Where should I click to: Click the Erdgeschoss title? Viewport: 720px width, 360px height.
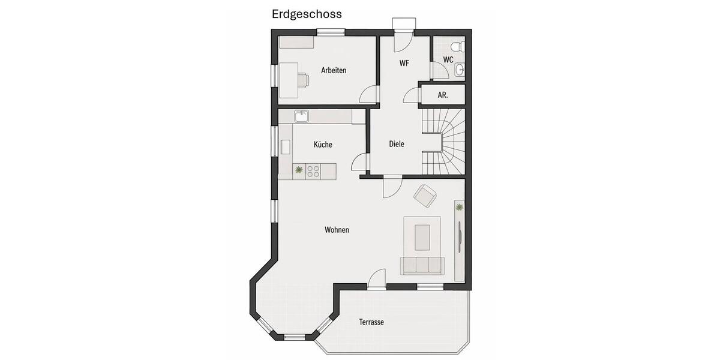(307, 14)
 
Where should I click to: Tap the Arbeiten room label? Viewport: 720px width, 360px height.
(334, 70)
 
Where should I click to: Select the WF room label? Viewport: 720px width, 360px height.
(404, 62)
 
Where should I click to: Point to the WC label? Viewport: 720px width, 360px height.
(448, 59)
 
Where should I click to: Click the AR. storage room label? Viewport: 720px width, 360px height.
(443, 95)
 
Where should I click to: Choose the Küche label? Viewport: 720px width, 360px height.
(323, 145)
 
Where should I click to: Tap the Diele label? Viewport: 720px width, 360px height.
(397, 144)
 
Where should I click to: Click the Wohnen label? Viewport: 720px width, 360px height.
(337, 230)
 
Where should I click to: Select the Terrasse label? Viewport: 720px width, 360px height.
(371, 322)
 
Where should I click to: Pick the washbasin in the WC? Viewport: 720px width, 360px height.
(460, 70)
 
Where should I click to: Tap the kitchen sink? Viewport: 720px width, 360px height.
(301, 115)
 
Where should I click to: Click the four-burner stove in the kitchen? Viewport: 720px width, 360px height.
(313, 172)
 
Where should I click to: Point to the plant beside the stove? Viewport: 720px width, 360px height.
(299, 172)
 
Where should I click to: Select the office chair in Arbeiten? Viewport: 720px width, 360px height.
(301, 79)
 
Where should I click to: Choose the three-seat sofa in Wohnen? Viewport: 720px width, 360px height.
(422, 265)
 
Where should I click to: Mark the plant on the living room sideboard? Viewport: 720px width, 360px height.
(459, 208)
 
